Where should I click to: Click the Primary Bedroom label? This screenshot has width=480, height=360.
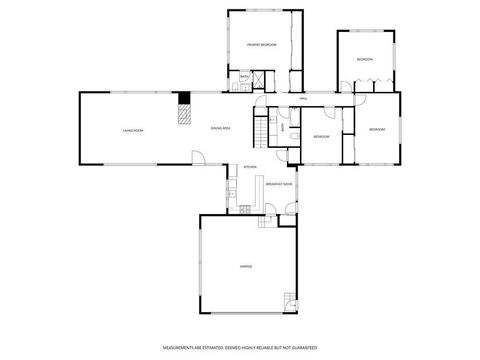coord(262,45)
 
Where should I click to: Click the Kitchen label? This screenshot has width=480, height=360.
coord(250,167)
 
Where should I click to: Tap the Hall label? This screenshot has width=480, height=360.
coord(303,99)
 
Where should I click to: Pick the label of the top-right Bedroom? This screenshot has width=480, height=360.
coord(364,61)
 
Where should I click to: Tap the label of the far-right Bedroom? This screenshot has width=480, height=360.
coord(376,130)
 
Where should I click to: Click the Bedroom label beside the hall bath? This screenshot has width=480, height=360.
coord(321,136)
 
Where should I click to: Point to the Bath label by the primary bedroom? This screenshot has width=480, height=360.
coord(244,76)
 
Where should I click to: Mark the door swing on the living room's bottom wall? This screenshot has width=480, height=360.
coord(198,157)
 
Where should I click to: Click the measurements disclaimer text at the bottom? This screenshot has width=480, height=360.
coord(240,346)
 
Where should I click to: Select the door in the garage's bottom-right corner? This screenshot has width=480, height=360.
coord(290,301)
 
